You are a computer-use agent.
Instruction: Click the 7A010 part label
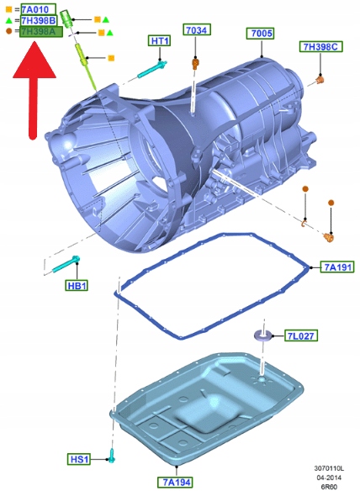[x=39, y=9]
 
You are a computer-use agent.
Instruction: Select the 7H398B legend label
[x=39, y=21]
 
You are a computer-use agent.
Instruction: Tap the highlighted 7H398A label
[x=41, y=32]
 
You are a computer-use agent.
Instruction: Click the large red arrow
[x=34, y=90]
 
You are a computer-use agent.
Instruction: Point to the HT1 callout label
[x=160, y=40]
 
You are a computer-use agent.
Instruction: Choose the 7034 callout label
[x=197, y=29]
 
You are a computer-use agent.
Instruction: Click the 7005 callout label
[x=261, y=33]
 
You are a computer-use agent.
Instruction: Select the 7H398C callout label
[x=320, y=46]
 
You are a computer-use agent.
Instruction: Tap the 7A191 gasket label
[x=337, y=267]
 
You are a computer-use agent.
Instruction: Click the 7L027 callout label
[x=301, y=335]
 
